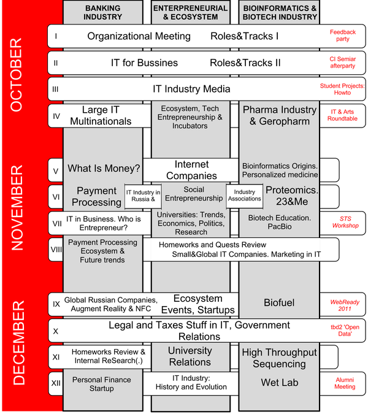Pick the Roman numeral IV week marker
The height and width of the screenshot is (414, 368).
pyautogui.click(x=56, y=115)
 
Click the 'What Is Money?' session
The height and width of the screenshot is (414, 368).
pyautogui.click(x=104, y=169)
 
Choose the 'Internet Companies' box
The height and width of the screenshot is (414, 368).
pyautogui.click(x=191, y=170)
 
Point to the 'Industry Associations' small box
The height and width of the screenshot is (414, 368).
pyautogui.click(x=244, y=195)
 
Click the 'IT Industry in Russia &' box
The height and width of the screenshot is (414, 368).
pyautogui.click(x=143, y=196)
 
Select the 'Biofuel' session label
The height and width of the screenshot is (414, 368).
pyautogui.click(x=279, y=302)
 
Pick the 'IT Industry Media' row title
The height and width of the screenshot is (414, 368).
pyautogui.click(x=191, y=89)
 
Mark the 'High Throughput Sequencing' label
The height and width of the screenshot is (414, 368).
pyautogui.click(x=279, y=358)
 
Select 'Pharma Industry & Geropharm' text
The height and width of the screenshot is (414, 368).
pyautogui.click(x=279, y=115)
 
